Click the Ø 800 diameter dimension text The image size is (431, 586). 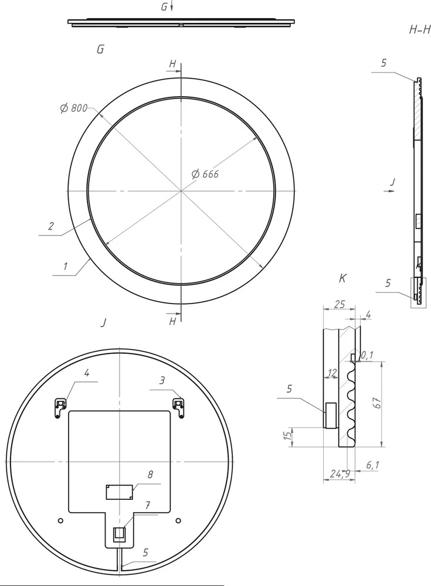74,108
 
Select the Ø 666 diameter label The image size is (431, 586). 205,174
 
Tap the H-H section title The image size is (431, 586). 420,30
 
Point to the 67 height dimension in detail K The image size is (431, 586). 377,403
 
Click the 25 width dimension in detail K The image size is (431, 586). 339,304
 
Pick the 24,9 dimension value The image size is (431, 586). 340,474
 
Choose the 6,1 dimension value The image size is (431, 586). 372,465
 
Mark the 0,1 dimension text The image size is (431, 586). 367,355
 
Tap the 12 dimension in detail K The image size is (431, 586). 332,373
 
